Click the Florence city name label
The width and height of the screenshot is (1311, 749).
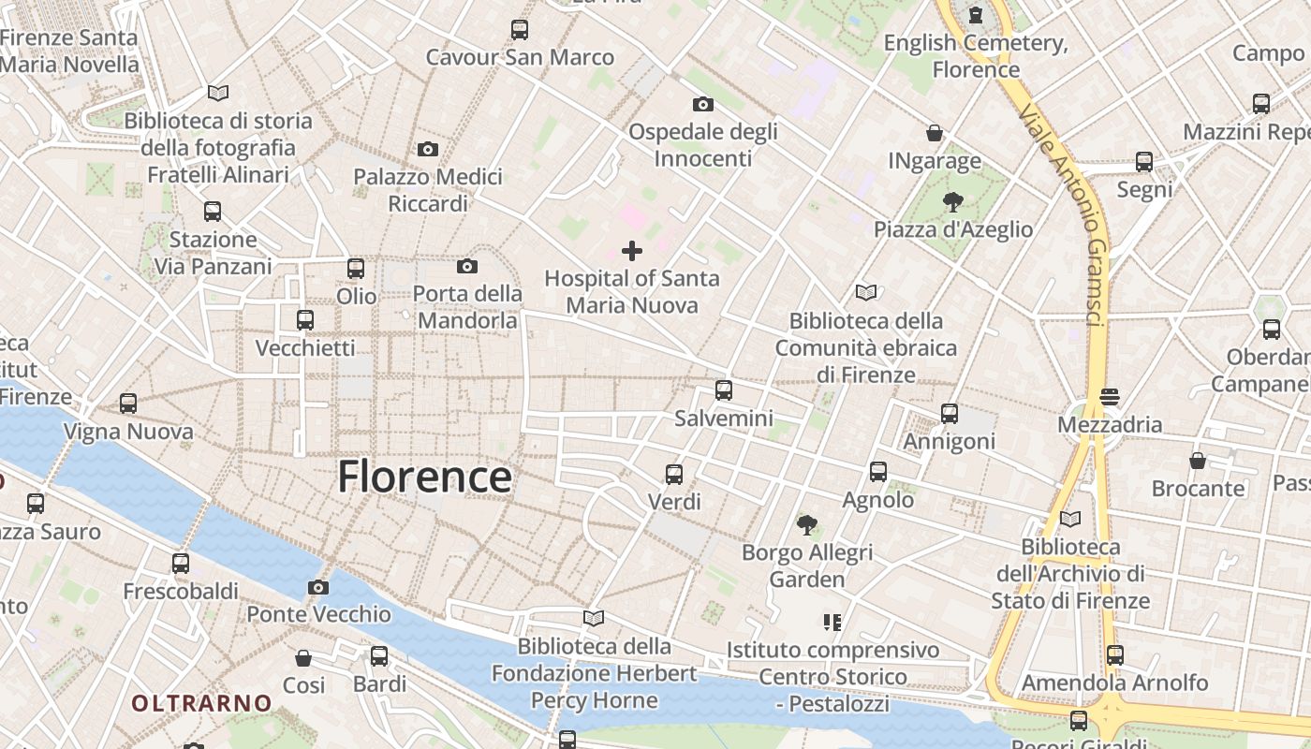(x=424, y=477)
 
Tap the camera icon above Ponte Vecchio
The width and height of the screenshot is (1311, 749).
(x=318, y=588)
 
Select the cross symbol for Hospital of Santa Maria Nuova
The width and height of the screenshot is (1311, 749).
(x=632, y=251)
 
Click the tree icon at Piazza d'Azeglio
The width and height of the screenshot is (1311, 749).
(x=953, y=202)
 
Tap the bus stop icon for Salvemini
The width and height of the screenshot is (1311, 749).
(x=723, y=390)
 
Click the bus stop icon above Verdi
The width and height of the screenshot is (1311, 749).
(x=674, y=475)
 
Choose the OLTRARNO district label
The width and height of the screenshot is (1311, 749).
(x=201, y=702)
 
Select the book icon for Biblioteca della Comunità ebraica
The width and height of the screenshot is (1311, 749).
(x=866, y=293)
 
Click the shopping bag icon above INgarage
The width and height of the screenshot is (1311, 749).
(x=934, y=134)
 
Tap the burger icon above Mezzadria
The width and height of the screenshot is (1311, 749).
(x=1110, y=397)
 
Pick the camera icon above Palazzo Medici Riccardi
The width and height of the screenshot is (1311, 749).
(x=428, y=150)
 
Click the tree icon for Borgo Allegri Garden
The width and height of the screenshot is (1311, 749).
(x=806, y=525)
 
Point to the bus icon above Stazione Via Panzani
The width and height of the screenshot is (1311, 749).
(x=213, y=212)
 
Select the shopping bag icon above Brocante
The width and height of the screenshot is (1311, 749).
(x=1198, y=461)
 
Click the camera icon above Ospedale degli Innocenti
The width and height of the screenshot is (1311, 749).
(x=702, y=104)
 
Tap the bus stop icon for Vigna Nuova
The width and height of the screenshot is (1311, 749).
(x=128, y=404)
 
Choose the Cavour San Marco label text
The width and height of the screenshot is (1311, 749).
(x=520, y=57)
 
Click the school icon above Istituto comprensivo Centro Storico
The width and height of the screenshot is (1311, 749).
(x=832, y=623)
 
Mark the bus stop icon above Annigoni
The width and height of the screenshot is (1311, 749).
(x=950, y=414)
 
